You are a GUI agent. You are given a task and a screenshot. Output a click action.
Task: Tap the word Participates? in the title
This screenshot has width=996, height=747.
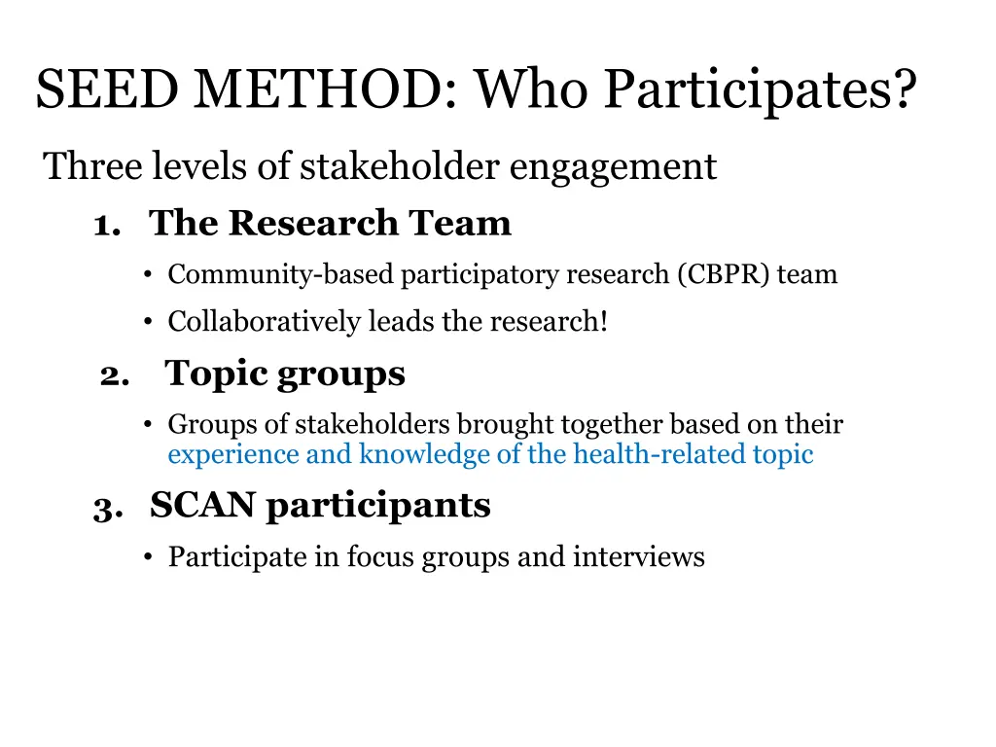[759, 91]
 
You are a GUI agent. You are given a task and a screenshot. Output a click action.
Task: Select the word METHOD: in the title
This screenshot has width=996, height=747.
[324, 91]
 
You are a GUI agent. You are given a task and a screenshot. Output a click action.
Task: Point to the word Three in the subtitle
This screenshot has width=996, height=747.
[93, 167]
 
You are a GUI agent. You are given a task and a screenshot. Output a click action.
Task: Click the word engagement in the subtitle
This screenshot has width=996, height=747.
[613, 167]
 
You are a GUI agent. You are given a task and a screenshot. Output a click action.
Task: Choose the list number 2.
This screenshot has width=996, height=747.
[114, 376]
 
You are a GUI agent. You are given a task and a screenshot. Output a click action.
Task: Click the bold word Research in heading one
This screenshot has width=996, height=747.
[314, 224]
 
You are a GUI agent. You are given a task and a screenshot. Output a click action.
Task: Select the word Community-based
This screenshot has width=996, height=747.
[281, 275]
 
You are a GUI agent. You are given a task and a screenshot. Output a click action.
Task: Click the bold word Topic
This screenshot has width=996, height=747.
[215, 374]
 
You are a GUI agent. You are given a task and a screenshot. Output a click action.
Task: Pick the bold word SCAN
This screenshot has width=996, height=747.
[203, 506]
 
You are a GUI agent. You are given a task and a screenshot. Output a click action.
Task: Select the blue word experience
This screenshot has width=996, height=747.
[232, 454]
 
